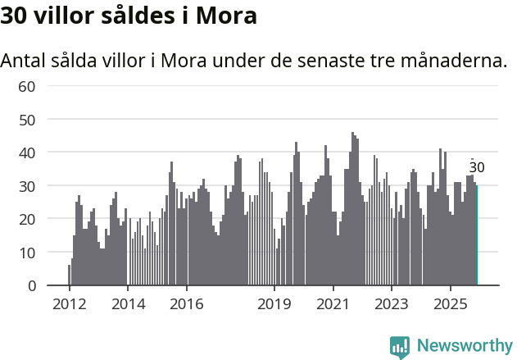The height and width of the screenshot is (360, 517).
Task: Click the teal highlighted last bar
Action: click(x=477, y=235)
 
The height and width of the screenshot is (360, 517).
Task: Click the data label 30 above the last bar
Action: click(x=477, y=168)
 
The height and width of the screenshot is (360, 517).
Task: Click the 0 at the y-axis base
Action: click(x=31, y=285)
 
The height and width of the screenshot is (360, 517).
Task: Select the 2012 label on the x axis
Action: click(x=69, y=305)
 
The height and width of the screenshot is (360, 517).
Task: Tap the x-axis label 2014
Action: click(x=127, y=305)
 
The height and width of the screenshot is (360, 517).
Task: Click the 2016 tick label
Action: click(x=187, y=305)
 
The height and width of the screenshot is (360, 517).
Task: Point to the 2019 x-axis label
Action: click(x=274, y=305)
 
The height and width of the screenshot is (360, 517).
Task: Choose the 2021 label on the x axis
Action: click(x=333, y=305)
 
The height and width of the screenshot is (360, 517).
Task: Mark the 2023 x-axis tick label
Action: click(x=392, y=305)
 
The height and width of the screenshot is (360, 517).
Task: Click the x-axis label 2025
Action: click(x=451, y=305)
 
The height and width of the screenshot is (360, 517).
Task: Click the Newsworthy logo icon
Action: click(x=400, y=347)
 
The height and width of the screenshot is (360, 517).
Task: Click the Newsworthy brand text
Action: click(x=465, y=347)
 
